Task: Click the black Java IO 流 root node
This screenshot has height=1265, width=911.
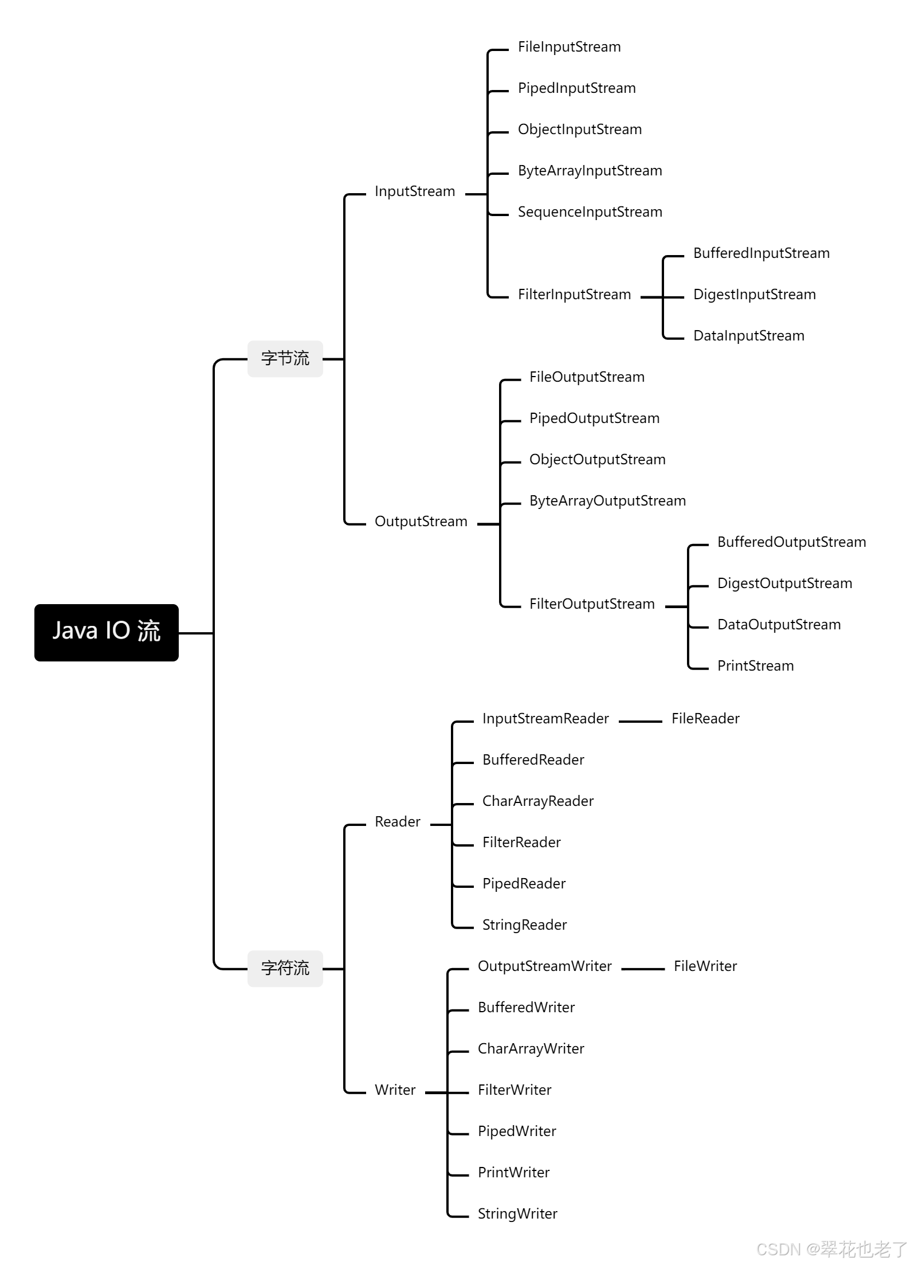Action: [107, 632]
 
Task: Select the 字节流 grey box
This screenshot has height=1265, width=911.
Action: [285, 359]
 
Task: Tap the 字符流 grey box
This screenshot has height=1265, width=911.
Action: [285, 968]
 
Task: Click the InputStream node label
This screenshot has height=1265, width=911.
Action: [415, 191]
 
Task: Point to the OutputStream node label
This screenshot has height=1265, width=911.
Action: [421, 522]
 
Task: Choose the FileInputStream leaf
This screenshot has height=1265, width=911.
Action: [569, 47]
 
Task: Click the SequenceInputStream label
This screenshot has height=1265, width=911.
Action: [590, 212]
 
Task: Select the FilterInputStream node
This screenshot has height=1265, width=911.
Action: [574, 295]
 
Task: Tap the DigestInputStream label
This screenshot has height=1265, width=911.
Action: [754, 295]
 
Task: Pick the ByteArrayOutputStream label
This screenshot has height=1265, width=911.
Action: [607, 501]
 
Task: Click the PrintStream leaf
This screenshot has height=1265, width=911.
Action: [755, 666]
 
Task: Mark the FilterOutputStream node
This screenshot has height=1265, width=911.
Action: [592, 604]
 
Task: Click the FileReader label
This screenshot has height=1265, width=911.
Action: [705, 719]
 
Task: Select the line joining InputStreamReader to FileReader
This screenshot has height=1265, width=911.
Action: [640, 722]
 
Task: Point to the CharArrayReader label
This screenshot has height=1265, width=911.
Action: [537, 801]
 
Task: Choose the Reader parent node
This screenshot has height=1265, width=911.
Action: [397, 822]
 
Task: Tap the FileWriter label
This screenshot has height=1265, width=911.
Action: [705, 966]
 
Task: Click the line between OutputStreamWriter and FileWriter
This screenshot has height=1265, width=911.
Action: [642, 969]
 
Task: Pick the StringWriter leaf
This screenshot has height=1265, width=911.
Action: [517, 1214]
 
